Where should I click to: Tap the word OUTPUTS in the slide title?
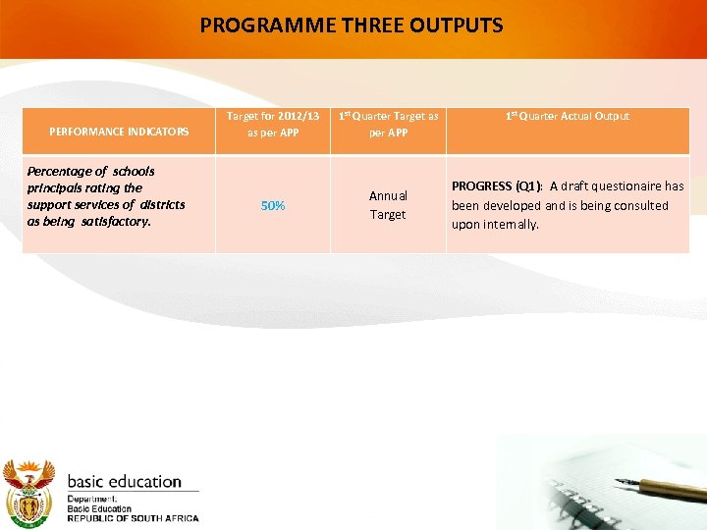click(459, 25)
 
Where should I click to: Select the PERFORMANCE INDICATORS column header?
click(118, 132)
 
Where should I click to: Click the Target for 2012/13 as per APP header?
click(272, 124)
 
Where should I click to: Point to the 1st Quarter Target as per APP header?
click(388, 124)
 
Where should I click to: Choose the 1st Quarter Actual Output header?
click(568, 116)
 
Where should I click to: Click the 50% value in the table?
click(272, 205)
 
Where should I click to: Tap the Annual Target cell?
click(388, 204)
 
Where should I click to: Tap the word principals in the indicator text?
click(58, 187)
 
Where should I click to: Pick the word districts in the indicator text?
click(161, 204)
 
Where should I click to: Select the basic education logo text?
click(124, 482)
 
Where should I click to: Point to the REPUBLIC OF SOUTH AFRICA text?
click(133, 518)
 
